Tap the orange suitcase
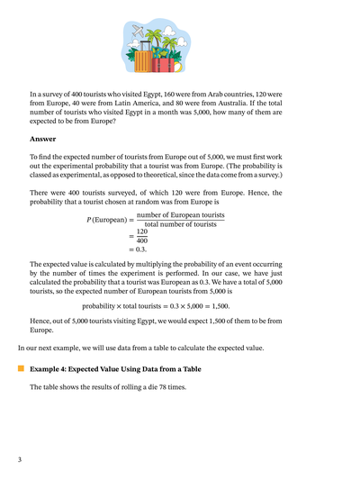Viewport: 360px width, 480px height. coord(144,61)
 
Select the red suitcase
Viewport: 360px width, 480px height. coord(163,63)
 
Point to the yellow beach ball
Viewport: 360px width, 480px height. coord(179,67)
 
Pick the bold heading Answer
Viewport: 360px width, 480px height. coord(42,139)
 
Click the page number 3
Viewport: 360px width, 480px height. coord(19,460)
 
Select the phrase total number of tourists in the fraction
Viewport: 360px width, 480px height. coord(181,224)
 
